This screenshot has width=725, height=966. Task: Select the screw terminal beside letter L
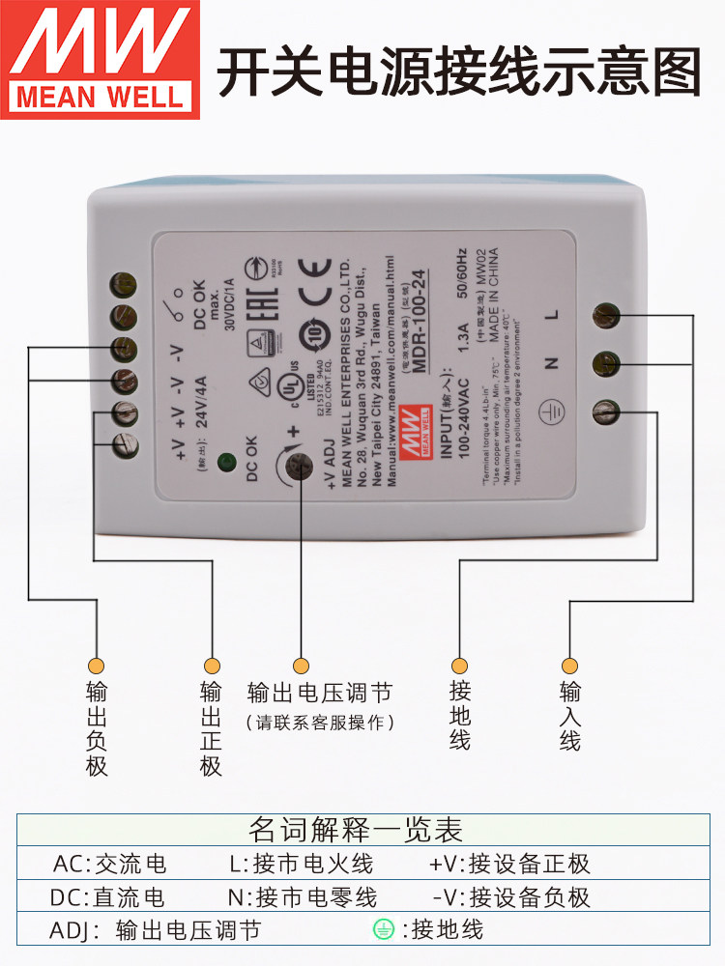point(606,314)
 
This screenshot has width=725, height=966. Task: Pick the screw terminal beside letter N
point(606,363)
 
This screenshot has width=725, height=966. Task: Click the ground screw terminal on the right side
point(606,412)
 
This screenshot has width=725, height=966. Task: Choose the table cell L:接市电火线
point(301,864)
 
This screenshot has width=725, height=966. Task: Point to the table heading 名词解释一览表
point(356,830)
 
